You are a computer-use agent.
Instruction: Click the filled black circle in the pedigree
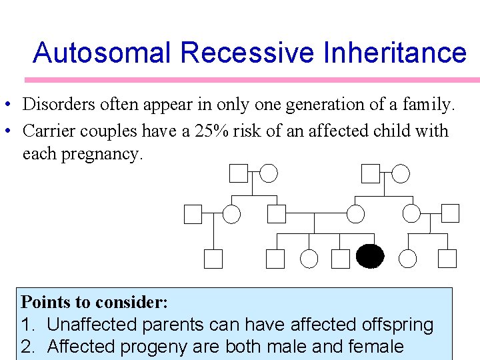pos(371,257)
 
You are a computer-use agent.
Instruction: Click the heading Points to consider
pos(94,302)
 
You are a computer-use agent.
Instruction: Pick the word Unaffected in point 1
pos(91,325)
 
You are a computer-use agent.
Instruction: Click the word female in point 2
pos(376,346)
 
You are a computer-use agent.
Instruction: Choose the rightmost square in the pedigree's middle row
pos(451,213)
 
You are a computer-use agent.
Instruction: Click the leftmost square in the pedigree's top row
pos(238,173)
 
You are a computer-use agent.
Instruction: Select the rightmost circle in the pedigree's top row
pos(400,173)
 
